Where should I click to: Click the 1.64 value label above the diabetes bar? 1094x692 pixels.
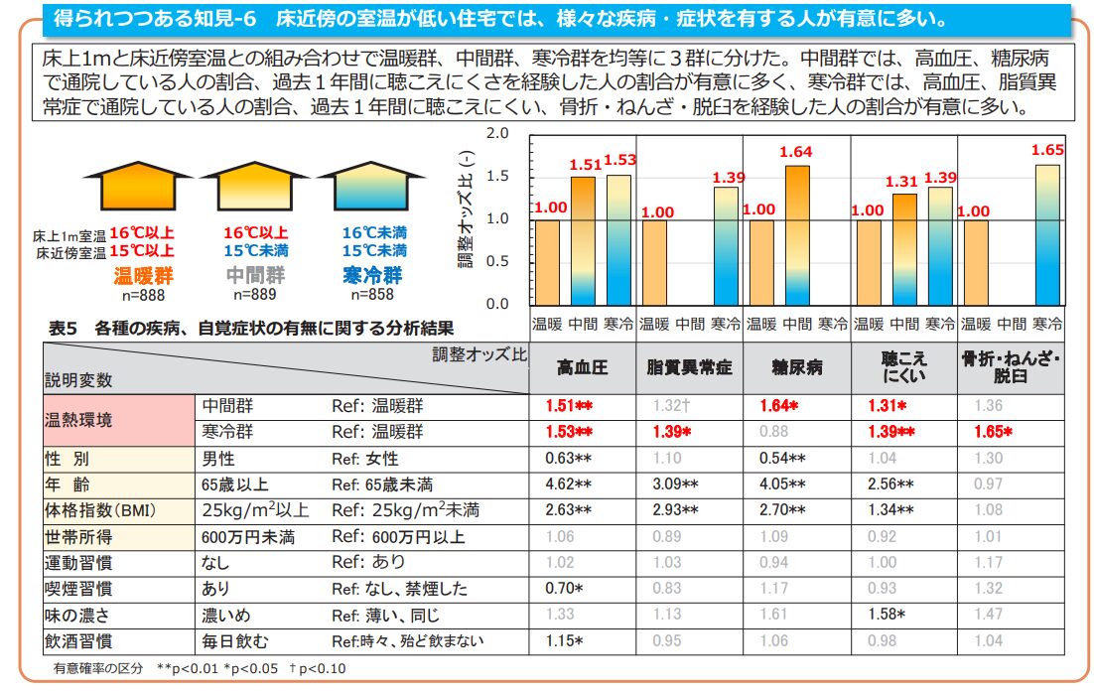tap(796, 152)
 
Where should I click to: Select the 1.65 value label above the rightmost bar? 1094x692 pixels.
tap(1047, 150)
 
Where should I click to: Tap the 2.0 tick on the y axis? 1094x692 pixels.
tap(497, 133)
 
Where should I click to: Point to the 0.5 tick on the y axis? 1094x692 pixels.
tap(497, 261)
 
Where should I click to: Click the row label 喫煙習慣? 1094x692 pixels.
tap(79, 589)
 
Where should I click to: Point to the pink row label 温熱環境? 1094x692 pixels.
tap(79, 419)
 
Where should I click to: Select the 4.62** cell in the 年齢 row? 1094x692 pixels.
tap(569, 484)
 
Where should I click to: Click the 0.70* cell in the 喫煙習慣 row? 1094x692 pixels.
tap(565, 589)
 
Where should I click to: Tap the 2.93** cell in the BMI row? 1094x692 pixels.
tap(676, 511)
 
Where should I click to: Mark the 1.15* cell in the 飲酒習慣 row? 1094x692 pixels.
tap(565, 641)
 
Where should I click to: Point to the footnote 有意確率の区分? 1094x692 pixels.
tap(98, 668)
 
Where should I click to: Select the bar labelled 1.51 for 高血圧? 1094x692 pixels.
tap(583, 238)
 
